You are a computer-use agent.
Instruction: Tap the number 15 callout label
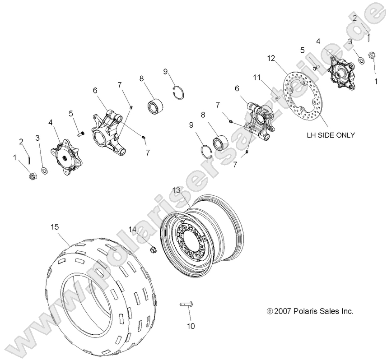[x=55, y=228]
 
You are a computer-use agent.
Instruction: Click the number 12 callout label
[x=283, y=58]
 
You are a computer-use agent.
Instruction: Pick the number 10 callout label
[x=191, y=326]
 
